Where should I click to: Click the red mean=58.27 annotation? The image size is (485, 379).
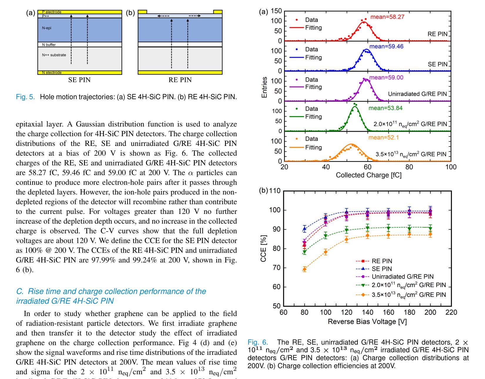387,17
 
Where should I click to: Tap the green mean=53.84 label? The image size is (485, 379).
385,108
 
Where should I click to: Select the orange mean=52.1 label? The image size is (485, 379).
383,137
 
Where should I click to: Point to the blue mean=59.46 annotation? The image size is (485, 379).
386,46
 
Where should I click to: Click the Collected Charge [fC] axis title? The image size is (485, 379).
368,175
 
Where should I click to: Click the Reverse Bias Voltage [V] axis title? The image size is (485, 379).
367,322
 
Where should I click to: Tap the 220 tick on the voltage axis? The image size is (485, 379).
451,312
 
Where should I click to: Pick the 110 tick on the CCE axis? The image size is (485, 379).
275,191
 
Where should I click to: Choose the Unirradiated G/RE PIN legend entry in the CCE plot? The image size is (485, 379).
395,276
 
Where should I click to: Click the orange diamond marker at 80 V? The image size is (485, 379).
304,269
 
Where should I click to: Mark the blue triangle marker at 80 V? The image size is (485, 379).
304,229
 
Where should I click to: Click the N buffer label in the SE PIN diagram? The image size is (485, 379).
49,45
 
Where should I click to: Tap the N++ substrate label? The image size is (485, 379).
54,55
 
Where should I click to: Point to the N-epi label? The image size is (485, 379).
47,28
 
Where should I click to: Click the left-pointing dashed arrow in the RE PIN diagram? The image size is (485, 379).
163,16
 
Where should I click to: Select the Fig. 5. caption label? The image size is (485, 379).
25,97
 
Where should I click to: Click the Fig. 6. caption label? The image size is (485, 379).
258,342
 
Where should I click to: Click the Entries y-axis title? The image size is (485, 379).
264,87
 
